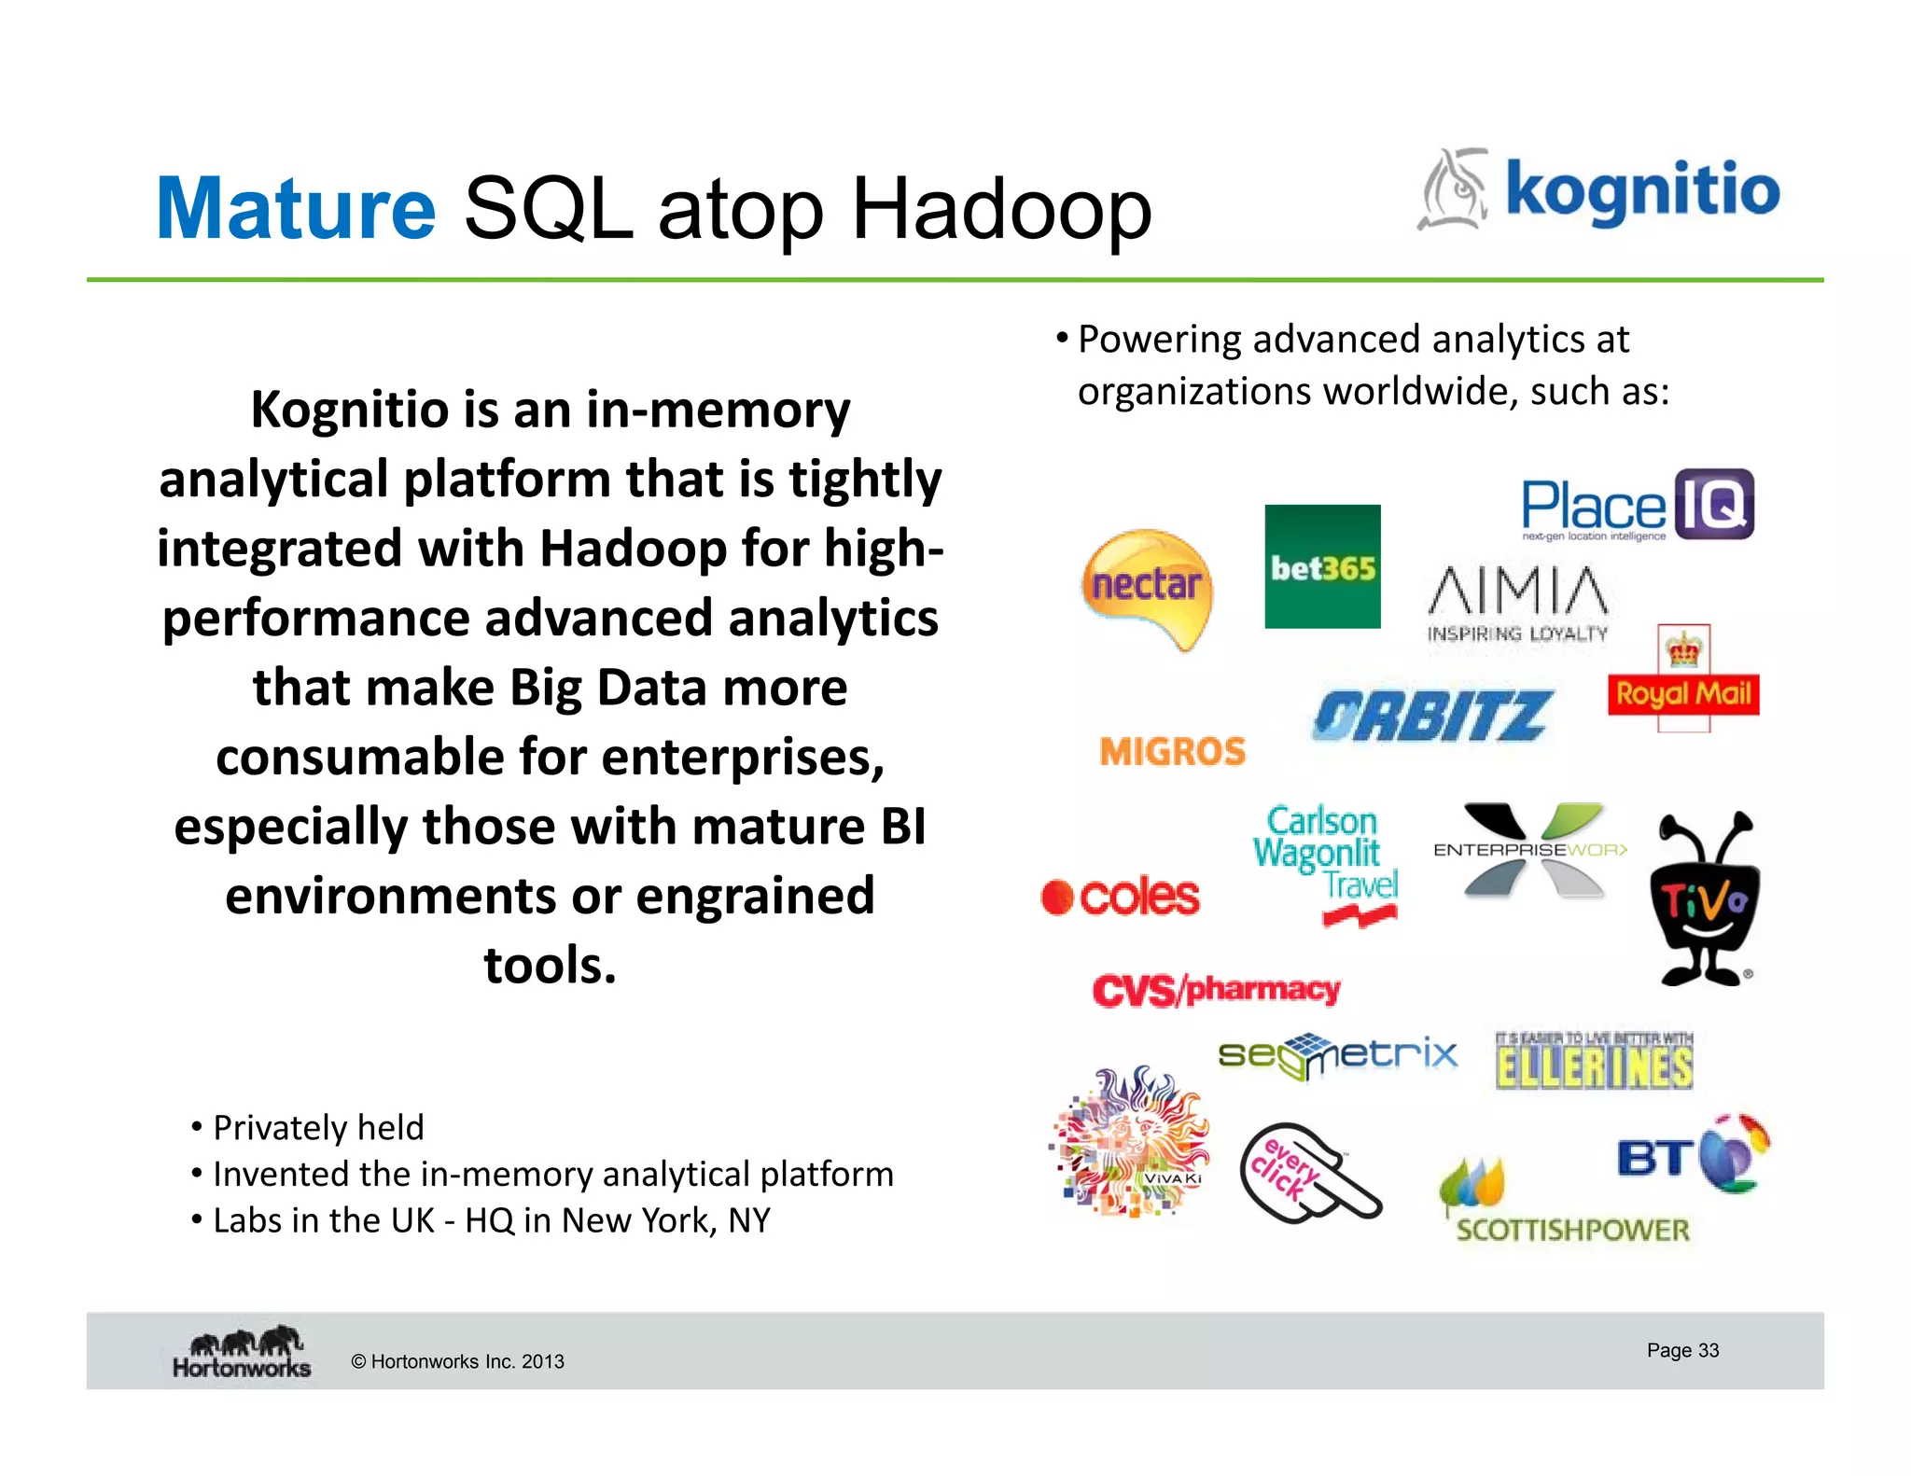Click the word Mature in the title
[x=295, y=209]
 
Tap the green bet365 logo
[x=1322, y=566]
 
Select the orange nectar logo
[x=1147, y=587]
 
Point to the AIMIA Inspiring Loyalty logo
[x=1518, y=605]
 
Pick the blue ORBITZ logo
[x=1432, y=717]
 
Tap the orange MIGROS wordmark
[x=1172, y=752]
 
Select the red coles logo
[x=1121, y=897]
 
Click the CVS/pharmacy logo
[x=1216, y=990]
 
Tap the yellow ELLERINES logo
[x=1594, y=1064]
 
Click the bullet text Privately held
[x=317, y=1128]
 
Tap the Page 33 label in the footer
[x=1682, y=1350]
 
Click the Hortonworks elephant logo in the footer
[x=242, y=1352]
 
